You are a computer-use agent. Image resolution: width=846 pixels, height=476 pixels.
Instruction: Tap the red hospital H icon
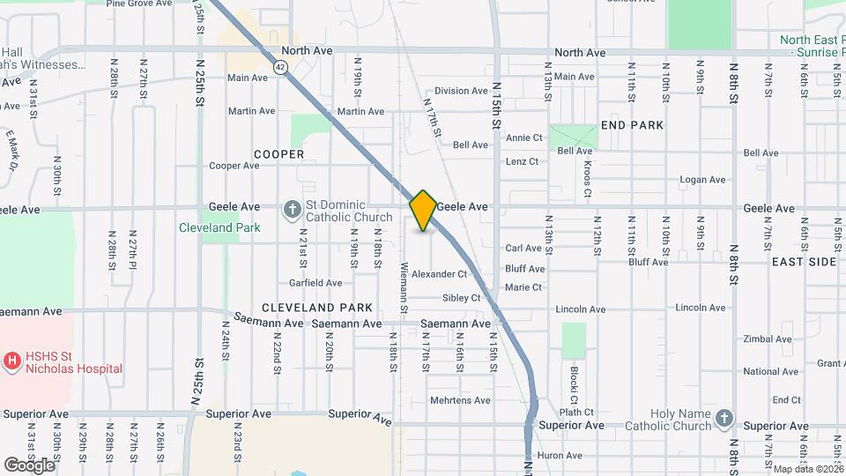(12, 360)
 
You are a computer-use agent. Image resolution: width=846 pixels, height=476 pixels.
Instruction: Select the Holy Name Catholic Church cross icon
(724, 419)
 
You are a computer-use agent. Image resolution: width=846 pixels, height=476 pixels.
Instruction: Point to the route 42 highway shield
(279, 67)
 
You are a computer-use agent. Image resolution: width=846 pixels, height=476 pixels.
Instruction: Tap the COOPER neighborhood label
(278, 154)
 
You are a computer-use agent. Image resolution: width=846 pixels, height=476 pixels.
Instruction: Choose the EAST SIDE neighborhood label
(803, 263)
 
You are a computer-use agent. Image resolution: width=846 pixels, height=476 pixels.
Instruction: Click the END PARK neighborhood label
(632, 126)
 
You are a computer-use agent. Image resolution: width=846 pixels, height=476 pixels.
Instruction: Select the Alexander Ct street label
(439, 275)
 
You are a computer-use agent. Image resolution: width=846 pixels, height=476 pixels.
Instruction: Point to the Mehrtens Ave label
(459, 400)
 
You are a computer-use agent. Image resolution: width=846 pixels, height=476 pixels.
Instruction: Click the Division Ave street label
(461, 91)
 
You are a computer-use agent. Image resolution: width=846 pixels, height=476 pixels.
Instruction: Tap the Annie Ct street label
(523, 138)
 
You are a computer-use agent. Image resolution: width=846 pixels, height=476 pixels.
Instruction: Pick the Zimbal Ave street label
(767, 339)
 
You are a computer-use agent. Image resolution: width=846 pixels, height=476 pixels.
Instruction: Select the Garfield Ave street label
(315, 283)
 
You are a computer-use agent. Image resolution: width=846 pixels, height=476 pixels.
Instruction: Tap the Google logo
(29, 465)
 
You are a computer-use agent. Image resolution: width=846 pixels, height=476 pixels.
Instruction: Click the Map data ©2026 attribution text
(807, 469)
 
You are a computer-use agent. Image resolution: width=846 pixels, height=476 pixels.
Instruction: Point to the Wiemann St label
(404, 287)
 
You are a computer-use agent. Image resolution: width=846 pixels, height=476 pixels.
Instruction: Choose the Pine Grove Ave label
(138, 4)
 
